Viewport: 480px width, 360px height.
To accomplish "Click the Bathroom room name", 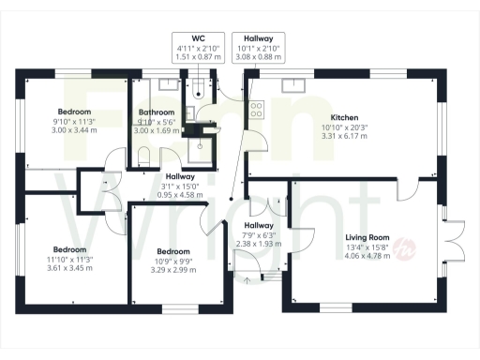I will pos(156,112).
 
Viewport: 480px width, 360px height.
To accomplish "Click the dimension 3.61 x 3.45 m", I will pos(65,267).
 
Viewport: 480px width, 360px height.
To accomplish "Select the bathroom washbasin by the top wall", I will pos(169,84).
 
